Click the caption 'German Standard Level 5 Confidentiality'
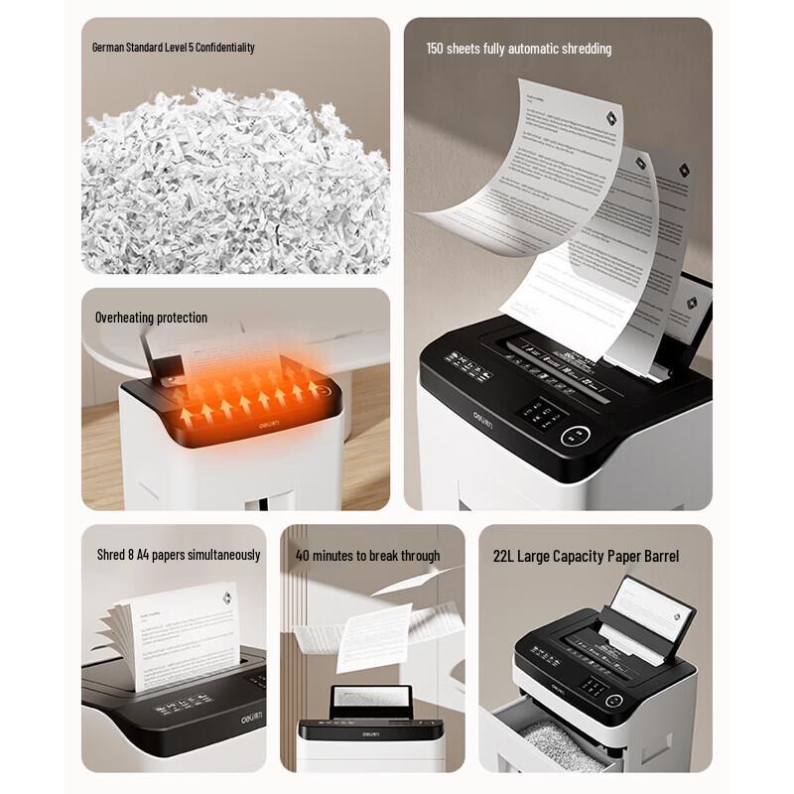coord(173,47)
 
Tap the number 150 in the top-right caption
coord(436,49)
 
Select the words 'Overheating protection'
coord(151,318)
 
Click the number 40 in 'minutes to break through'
coord(303,555)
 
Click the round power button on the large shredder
coord(577,436)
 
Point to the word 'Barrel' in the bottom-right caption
coord(659,556)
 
